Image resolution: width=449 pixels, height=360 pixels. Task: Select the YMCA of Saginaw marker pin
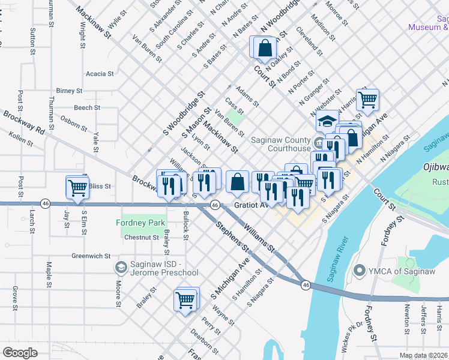coord(360,271)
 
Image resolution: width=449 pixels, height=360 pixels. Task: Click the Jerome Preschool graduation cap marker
coord(120,266)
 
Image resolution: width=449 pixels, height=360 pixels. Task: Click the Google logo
coord(20,353)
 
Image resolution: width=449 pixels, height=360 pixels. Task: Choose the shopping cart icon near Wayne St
coord(185,299)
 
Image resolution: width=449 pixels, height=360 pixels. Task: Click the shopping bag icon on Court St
coord(264,49)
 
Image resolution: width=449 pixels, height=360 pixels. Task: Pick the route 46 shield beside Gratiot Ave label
coord(214,205)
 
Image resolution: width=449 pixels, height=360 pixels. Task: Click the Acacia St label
coord(100,74)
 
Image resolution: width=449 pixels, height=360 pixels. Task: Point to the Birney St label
coord(69,91)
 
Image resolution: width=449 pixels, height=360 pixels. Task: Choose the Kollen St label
coord(20,139)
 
